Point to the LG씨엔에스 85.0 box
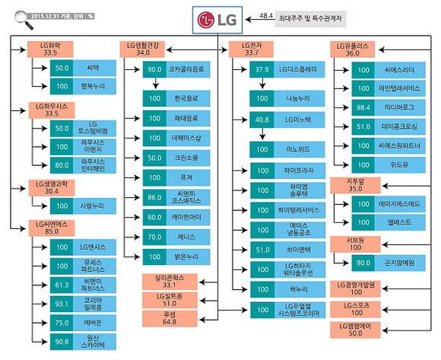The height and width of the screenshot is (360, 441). pyautogui.click(x=52, y=225)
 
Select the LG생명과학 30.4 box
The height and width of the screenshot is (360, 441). pyautogui.click(x=52, y=186)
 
